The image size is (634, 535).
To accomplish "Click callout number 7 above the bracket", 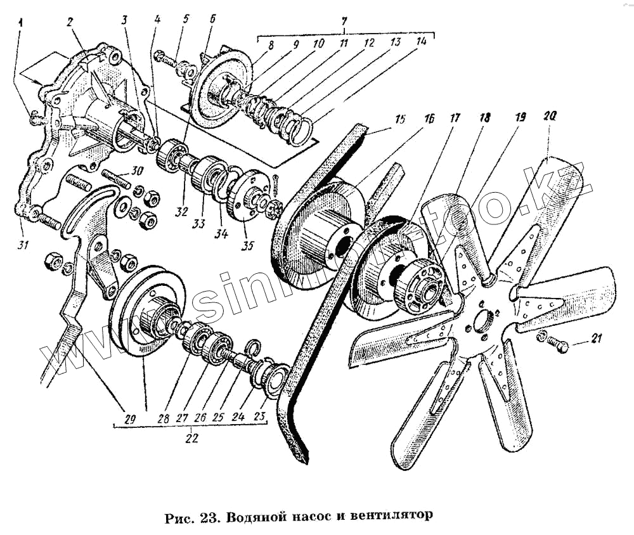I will click(x=344, y=25).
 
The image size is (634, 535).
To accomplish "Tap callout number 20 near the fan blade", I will click(x=549, y=117).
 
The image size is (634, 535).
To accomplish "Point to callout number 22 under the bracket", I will click(x=192, y=437).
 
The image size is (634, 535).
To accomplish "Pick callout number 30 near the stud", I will click(x=138, y=170).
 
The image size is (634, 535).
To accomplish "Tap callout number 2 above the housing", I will click(x=70, y=23).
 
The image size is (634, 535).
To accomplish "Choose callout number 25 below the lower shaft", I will click(x=219, y=417).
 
